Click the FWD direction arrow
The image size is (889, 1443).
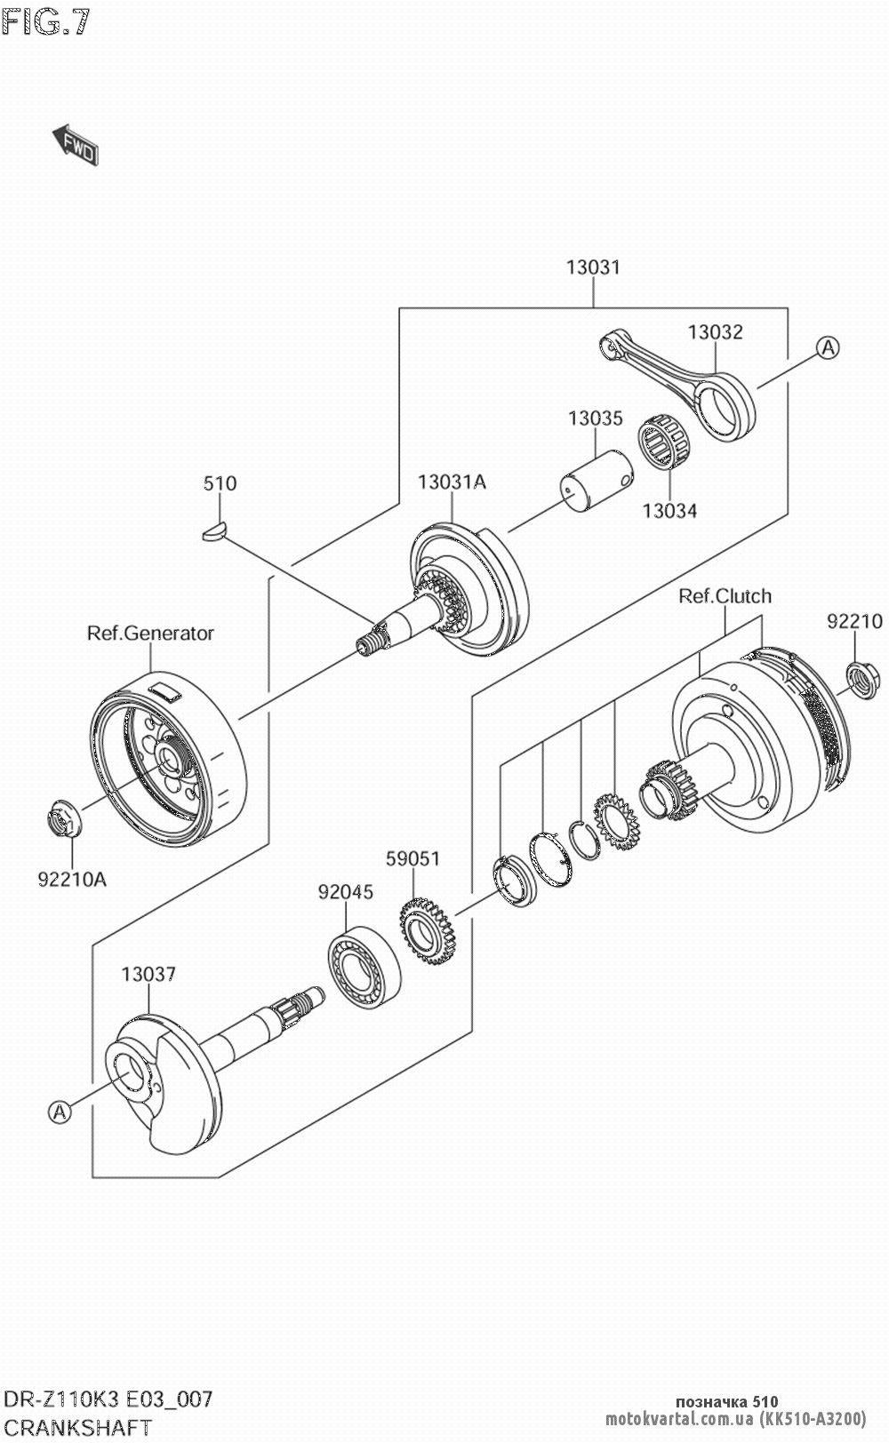click(76, 145)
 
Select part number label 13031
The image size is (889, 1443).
click(593, 267)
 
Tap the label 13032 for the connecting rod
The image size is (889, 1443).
click(715, 331)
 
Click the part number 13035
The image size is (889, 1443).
click(595, 419)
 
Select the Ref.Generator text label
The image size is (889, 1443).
click(150, 634)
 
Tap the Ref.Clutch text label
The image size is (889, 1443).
click(725, 596)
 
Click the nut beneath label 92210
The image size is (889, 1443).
click(861, 681)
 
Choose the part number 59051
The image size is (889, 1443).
click(412, 858)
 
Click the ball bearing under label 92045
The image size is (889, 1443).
click(364, 967)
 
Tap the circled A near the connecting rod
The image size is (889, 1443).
click(828, 348)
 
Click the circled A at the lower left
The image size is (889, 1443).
click(60, 1112)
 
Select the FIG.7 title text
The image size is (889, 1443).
click(45, 23)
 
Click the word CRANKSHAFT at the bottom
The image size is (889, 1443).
click(78, 1428)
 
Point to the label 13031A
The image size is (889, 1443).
click(452, 482)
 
